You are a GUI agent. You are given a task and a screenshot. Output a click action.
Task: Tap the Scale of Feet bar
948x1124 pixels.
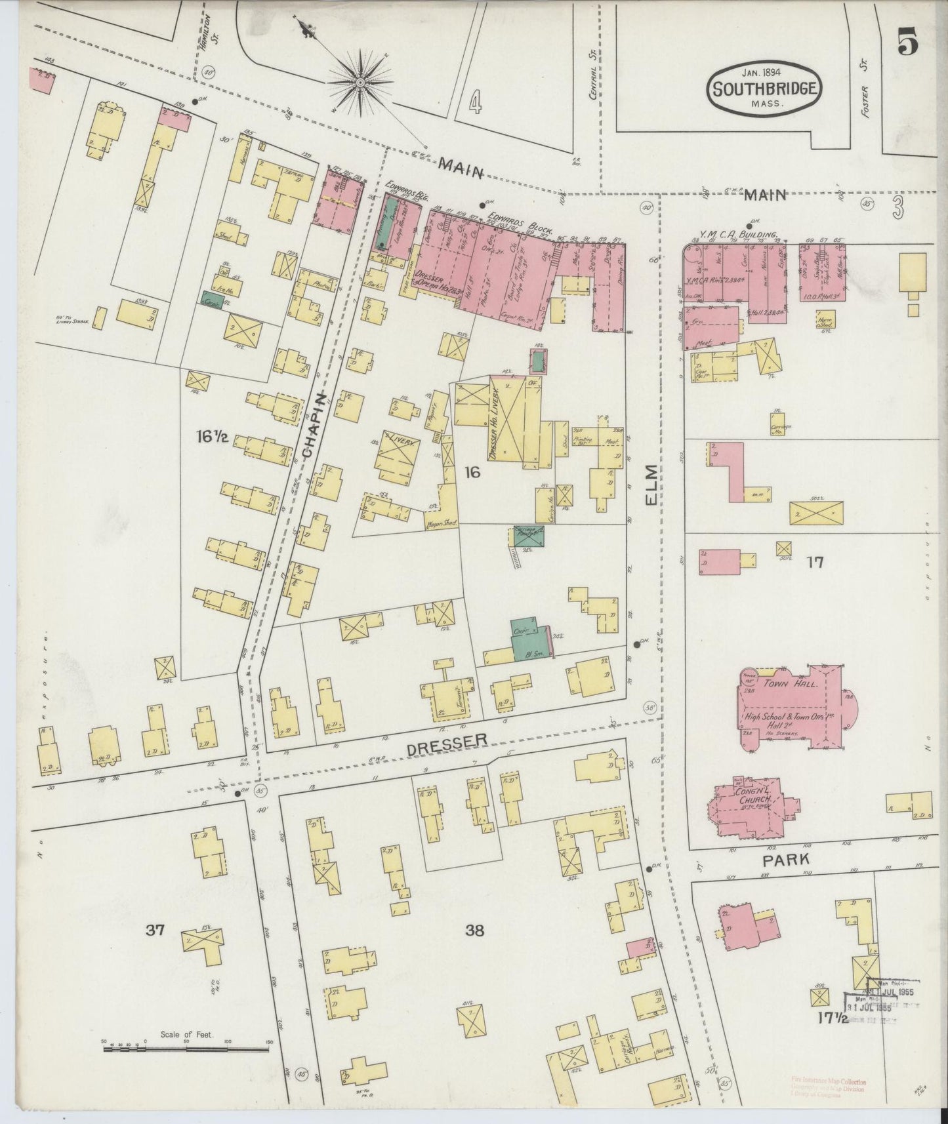186,1049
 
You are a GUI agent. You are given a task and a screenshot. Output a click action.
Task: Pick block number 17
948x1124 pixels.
816,562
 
